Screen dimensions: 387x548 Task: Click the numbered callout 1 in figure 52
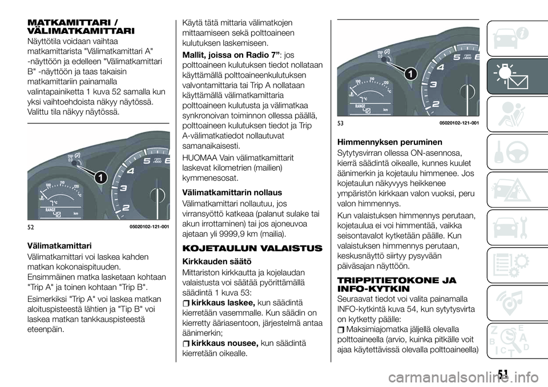(x=99, y=178)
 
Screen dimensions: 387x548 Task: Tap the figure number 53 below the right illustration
(x=340, y=124)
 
